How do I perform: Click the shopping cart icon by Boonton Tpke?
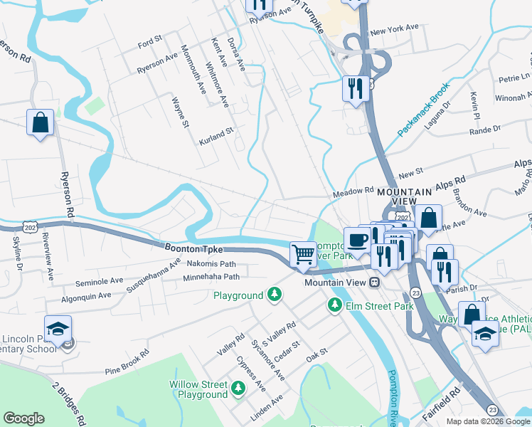(304, 253)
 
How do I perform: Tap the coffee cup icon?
(356, 239)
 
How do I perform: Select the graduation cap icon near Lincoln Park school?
(58, 329)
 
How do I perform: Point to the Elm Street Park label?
(379, 306)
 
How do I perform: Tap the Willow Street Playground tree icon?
(238, 389)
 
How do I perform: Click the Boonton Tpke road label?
(193, 249)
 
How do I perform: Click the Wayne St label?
(180, 114)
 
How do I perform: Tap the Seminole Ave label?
(99, 282)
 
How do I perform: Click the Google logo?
(23, 418)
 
